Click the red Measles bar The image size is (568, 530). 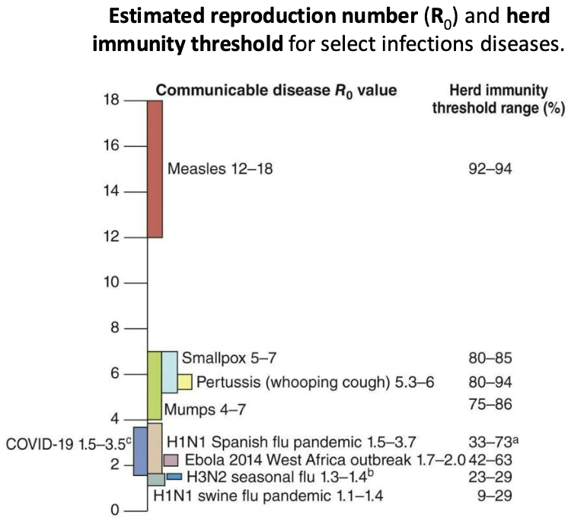tap(155, 168)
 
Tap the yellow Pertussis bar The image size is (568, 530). tap(185, 382)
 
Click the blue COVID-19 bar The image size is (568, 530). tap(140, 451)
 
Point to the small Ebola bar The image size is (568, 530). tap(171, 460)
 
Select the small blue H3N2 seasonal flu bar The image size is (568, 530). tap(174, 477)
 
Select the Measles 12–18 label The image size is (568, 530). tap(219, 168)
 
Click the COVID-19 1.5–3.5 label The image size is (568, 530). tap(65, 442)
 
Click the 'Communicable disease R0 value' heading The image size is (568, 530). tap(276, 91)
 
